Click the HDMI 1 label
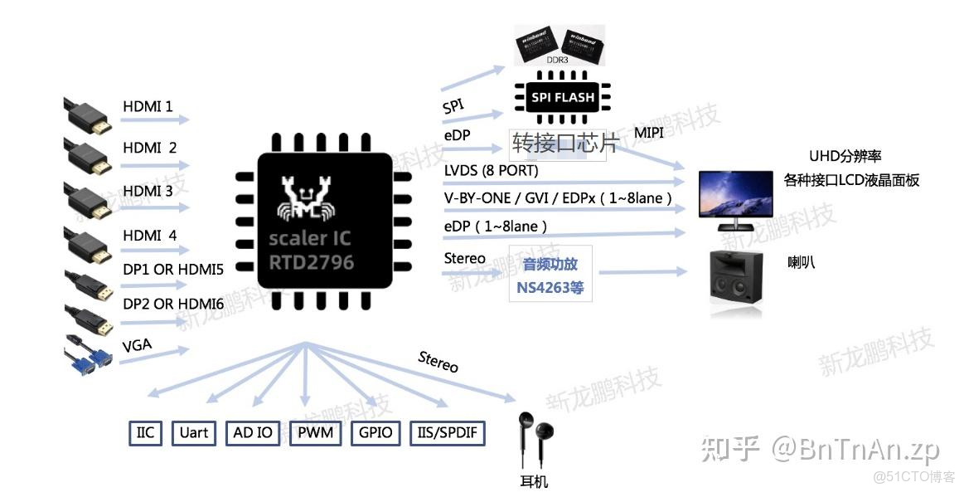pos(148,106)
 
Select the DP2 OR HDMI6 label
pos(172,304)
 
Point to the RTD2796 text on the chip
pos(311,263)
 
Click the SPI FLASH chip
pos(564,97)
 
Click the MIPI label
pos(649,133)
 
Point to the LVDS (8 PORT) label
pos(491,171)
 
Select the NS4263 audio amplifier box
pos(550,278)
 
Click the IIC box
pos(145,433)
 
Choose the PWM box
pos(315,433)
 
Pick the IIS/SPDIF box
pos(447,433)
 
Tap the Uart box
pos(194,433)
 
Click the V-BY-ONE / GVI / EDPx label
pos(557,199)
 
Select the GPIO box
pos(375,433)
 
